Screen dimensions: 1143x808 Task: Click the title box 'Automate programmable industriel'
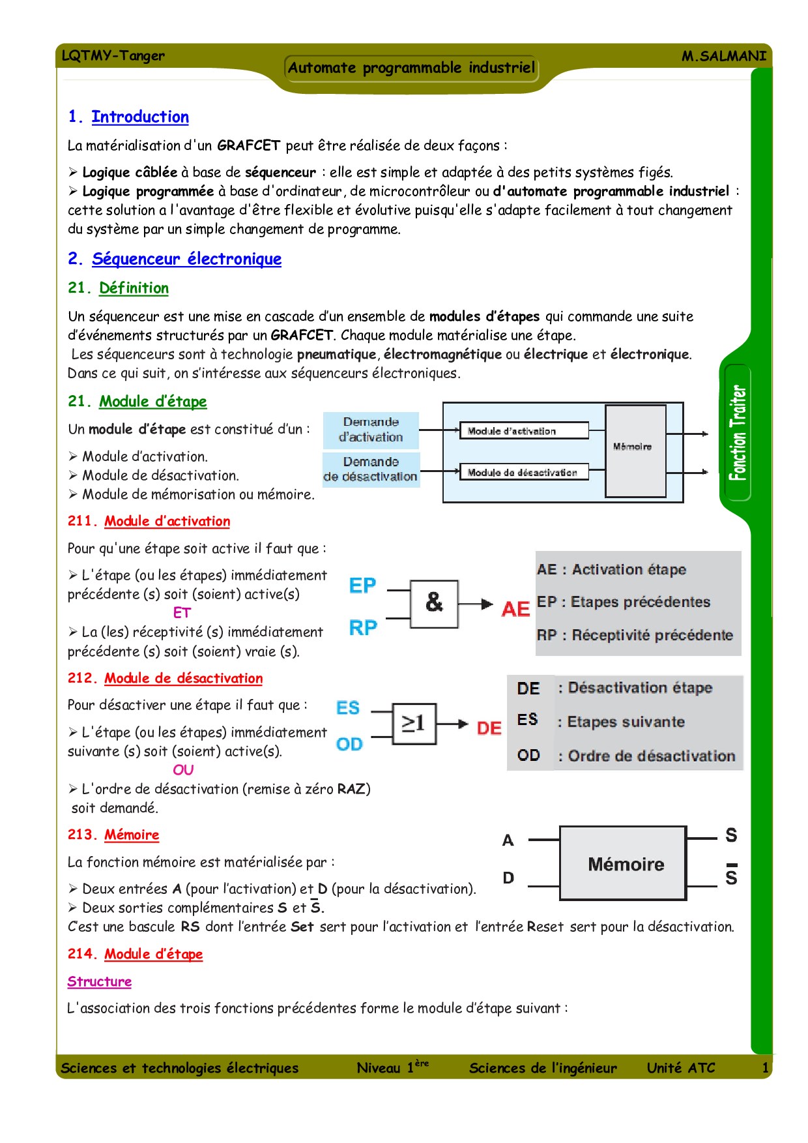point(411,68)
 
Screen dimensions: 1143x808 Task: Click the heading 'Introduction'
point(140,117)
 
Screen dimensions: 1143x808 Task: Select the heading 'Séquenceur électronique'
point(186,259)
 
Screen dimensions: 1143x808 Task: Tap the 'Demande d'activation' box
point(371,430)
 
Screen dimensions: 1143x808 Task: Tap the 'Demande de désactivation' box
point(371,469)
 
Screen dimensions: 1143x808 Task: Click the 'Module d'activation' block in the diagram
point(524,431)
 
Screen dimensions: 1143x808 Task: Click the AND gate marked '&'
point(434,603)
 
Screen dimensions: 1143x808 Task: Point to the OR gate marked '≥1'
point(414,723)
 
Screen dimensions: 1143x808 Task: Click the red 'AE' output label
point(515,609)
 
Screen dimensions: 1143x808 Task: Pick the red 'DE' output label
point(489,728)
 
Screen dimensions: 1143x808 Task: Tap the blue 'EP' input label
point(362,586)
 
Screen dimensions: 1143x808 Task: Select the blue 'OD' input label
point(349,744)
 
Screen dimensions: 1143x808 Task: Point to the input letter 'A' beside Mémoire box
point(508,840)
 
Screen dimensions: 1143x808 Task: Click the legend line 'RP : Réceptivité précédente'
point(635,635)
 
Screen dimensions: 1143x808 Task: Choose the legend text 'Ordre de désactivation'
point(651,756)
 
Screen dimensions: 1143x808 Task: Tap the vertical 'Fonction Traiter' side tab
point(738,433)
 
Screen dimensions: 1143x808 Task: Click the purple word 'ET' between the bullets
point(182,613)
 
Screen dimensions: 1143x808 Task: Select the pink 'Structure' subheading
point(100,981)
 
